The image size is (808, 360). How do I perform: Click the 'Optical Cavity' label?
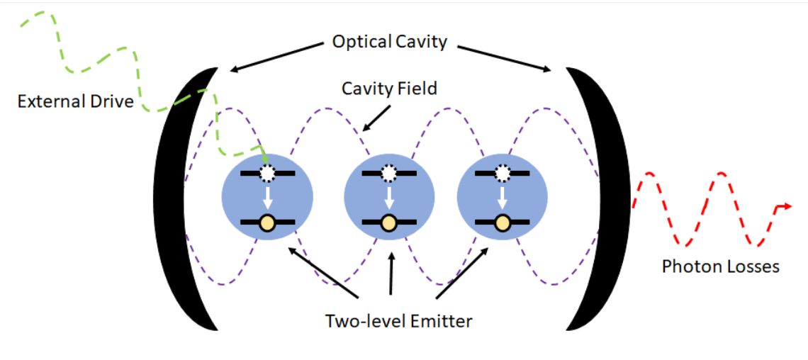coord(389,42)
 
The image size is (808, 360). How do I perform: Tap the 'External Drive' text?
coord(75,101)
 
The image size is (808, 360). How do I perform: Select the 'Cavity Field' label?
coord(390,89)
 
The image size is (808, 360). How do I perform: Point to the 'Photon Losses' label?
coord(720,266)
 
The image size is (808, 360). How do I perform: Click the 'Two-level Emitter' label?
coord(398,322)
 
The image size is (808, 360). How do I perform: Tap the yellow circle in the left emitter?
coord(267,223)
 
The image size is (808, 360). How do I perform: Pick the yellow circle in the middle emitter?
coord(389,223)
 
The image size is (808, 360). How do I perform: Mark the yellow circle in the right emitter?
coord(502,223)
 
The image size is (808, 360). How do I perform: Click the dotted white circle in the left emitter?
coord(266,174)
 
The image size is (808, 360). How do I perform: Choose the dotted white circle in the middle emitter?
coord(388,174)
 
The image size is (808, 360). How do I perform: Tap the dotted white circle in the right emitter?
coord(501,174)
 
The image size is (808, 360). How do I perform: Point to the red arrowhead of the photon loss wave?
coord(786,206)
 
